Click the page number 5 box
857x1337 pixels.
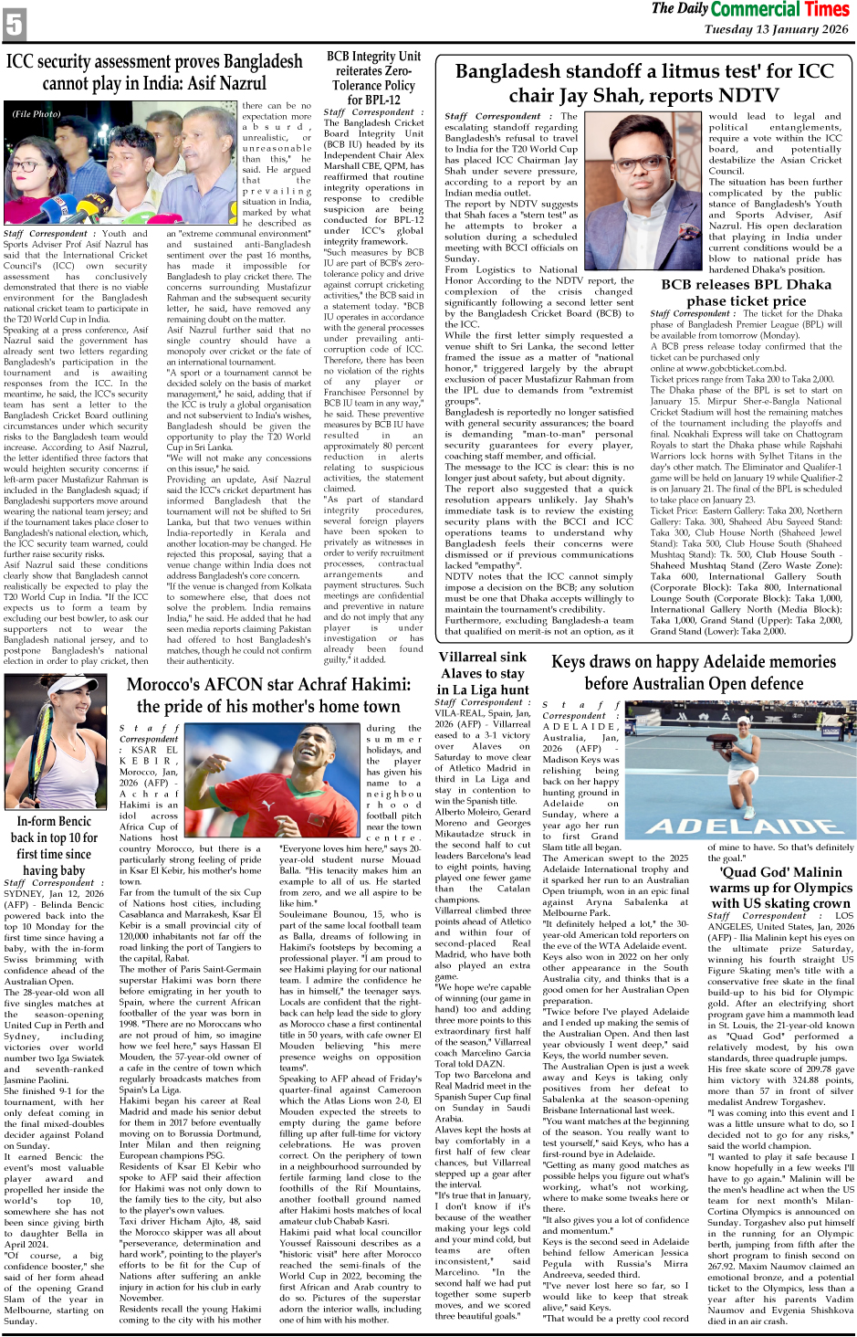click(x=14, y=24)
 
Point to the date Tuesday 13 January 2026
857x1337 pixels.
click(x=776, y=29)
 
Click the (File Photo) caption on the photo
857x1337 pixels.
click(x=37, y=114)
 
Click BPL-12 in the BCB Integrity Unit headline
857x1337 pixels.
click(x=373, y=100)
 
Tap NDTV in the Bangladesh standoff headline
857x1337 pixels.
click(x=750, y=95)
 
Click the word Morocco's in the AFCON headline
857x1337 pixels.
click(x=171, y=685)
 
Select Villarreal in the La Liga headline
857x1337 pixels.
click(x=469, y=657)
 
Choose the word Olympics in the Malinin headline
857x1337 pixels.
click(x=819, y=888)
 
